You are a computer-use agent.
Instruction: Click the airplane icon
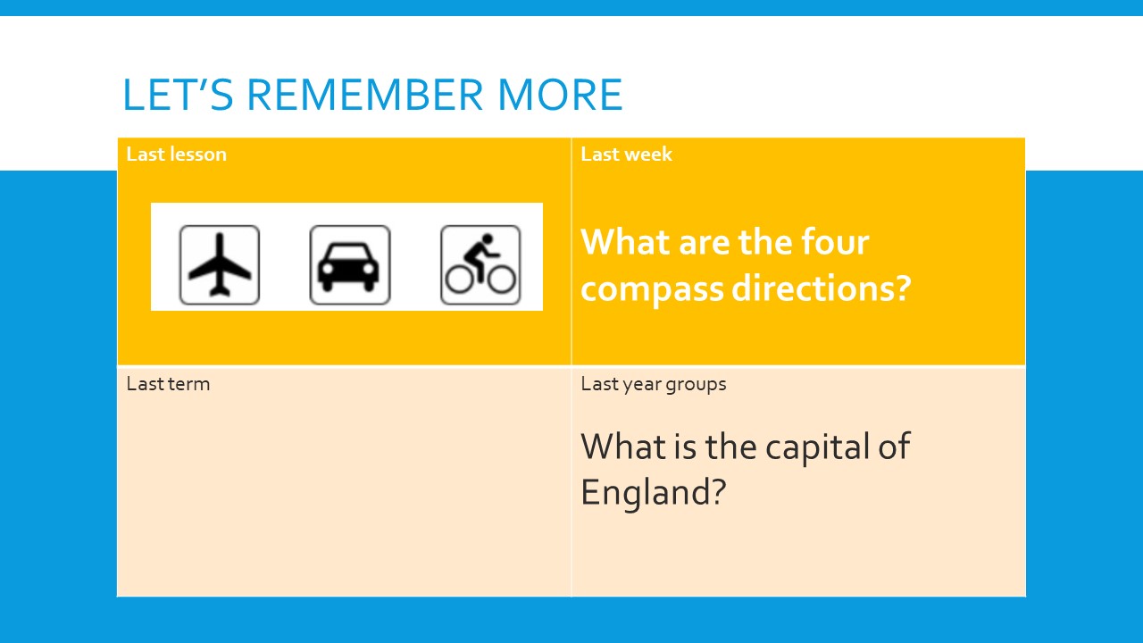220,265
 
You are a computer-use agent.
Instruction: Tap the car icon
350,265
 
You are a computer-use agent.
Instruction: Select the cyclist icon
480,265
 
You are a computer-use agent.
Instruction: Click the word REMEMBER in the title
365,95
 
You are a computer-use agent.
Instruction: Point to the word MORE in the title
560,95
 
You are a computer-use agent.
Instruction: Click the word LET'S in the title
178,95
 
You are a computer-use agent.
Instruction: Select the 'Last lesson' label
177,154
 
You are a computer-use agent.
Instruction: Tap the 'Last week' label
626,154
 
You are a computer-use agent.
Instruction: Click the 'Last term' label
168,384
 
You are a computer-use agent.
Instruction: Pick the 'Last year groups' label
653,384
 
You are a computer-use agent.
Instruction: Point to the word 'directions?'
822,288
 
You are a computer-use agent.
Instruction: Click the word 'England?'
653,493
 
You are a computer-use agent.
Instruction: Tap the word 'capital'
817,448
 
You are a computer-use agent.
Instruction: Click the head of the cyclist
488,238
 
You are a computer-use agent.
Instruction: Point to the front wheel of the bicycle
501,280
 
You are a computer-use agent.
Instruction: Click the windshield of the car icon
349,253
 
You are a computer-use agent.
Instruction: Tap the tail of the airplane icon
220,292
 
